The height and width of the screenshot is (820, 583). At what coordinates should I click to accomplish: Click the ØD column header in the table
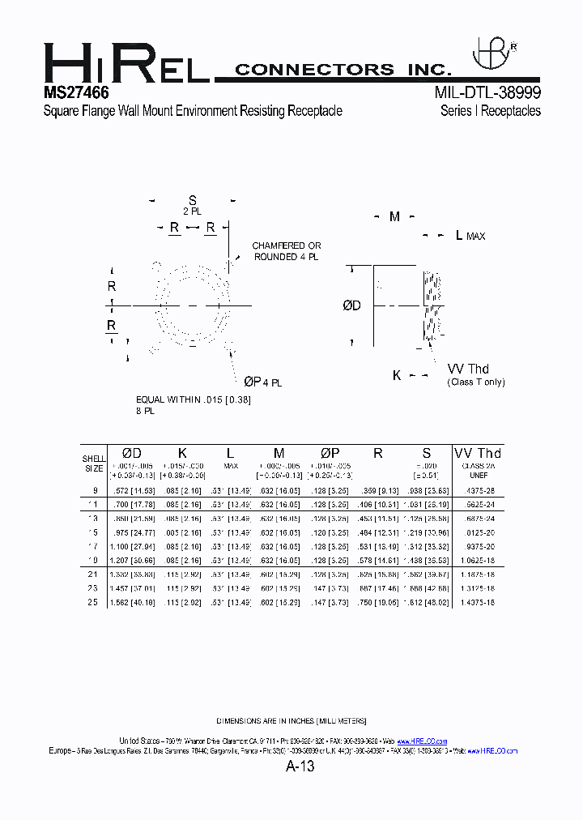(131, 453)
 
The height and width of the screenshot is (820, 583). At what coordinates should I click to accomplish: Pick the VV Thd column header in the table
(478, 453)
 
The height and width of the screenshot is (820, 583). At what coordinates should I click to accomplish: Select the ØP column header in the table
(330, 453)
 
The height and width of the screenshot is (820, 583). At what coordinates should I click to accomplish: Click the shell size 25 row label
(94, 602)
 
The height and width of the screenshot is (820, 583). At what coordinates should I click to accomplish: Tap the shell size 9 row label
(95, 490)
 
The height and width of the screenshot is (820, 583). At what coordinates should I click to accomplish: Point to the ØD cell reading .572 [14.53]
(131, 490)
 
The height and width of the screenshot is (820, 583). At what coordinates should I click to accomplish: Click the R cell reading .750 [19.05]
(377, 602)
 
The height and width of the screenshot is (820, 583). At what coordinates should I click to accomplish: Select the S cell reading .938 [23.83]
(428, 490)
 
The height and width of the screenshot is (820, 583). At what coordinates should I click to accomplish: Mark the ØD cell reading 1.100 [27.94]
(131, 546)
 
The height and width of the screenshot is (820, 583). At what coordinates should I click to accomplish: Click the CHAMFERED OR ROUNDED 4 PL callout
(287, 251)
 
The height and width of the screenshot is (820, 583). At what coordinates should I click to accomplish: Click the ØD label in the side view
(351, 305)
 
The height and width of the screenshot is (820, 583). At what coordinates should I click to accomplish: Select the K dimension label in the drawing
(397, 376)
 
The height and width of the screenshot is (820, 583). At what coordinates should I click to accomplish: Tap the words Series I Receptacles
(491, 111)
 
